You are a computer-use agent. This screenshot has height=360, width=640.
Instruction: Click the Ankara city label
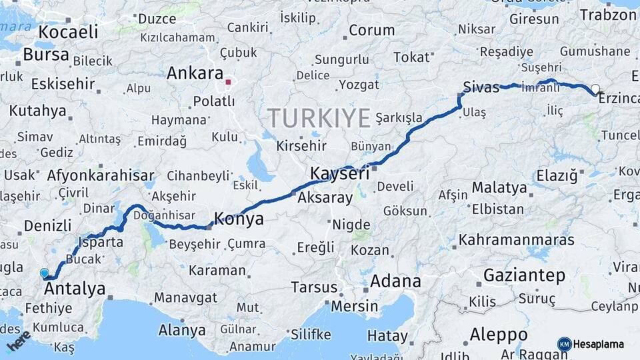195,73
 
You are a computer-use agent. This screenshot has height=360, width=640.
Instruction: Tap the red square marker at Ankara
228,83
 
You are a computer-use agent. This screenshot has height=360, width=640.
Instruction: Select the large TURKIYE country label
319,119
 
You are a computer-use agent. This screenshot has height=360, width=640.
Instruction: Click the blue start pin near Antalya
45,273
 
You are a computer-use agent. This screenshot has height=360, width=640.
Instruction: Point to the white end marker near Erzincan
595,89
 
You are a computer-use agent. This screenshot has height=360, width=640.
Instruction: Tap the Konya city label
238,219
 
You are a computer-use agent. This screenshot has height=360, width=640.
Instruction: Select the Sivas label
481,87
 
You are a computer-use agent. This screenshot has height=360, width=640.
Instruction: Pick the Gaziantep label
524,275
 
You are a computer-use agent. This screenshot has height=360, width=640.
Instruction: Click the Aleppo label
499,334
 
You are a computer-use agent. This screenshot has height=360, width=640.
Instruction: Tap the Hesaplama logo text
599,344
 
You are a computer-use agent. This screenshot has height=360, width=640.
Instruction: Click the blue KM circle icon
564,344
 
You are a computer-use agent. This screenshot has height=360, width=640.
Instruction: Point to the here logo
18,340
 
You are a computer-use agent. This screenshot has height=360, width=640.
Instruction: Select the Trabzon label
608,15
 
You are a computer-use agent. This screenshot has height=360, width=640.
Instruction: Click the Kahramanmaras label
517,239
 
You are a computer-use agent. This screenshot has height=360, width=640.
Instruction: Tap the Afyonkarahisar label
101,176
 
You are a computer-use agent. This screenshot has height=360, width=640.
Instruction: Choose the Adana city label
395,281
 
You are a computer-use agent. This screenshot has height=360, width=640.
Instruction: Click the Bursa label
45,54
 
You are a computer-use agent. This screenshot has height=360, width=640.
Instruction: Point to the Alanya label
182,330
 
